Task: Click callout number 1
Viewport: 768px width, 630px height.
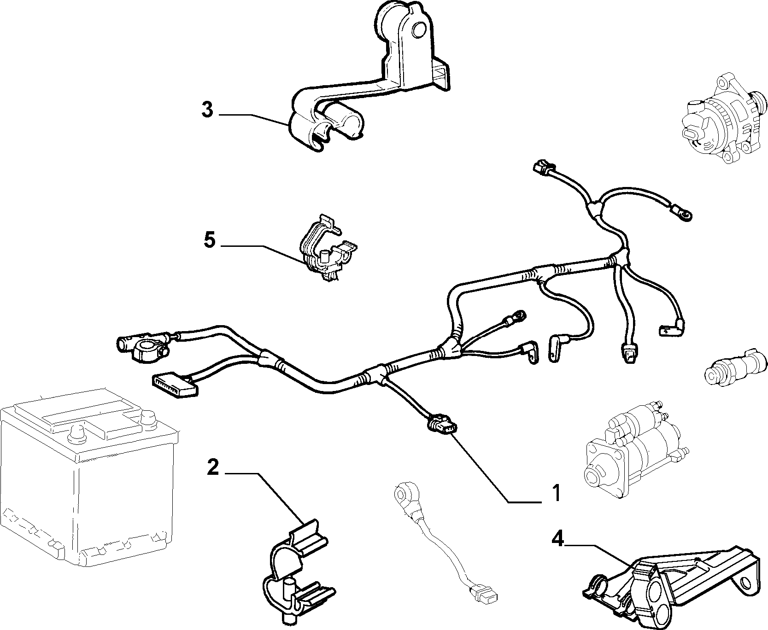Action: [557, 493]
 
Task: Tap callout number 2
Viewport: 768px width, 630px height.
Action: [212, 467]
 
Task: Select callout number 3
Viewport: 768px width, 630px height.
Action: [207, 111]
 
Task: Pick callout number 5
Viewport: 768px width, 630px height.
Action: [210, 240]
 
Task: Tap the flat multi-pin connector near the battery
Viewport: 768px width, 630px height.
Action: [174, 384]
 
